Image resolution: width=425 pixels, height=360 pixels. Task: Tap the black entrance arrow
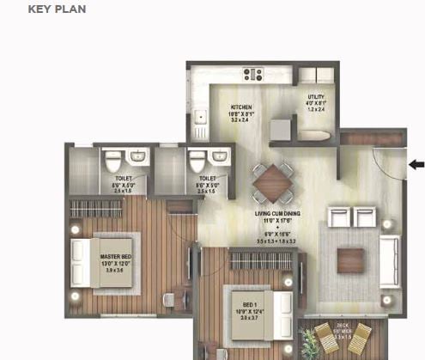tap(416, 164)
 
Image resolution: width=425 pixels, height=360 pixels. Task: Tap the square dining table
tap(272, 181)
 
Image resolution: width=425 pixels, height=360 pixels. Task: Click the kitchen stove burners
tap(254, 74)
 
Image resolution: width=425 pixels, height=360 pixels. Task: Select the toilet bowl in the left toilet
tap(112, 161)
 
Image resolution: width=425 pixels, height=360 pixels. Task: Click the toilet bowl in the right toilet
tap(197, 161)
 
